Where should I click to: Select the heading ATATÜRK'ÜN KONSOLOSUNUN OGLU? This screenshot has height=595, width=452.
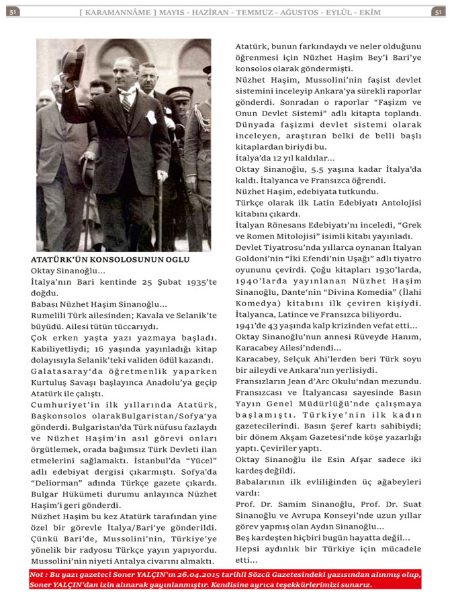(110, 259)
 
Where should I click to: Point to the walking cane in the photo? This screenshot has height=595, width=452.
(161, 208)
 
